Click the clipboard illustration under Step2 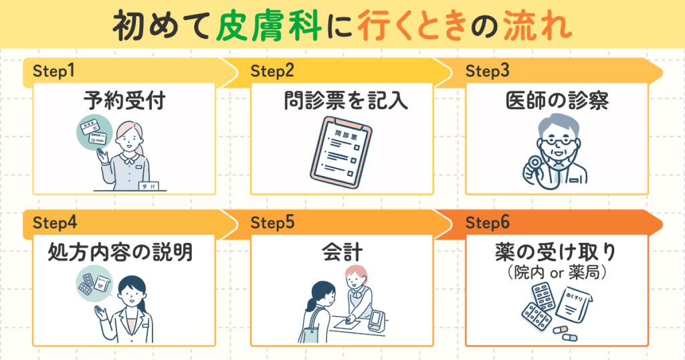(x=344, y=151)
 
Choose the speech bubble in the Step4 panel (x=93, y=284)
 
